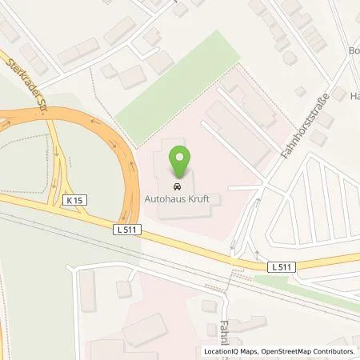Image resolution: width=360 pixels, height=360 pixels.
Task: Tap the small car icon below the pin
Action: pos(180,188)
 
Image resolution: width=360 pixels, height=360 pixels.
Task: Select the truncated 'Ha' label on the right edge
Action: pos(354,96)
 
